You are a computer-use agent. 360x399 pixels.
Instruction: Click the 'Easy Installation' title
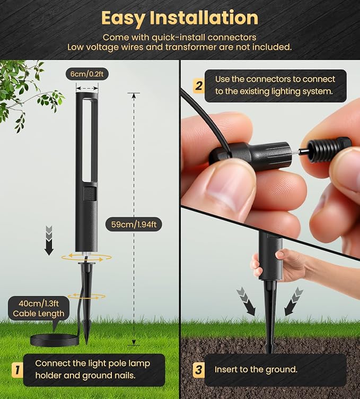180,18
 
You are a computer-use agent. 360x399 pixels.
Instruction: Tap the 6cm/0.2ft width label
87,74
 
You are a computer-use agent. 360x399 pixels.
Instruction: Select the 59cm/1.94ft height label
134,224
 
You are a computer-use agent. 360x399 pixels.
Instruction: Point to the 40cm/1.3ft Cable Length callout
39,308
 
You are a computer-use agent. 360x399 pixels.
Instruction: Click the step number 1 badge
17,370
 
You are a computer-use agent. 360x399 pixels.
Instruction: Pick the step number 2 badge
198,86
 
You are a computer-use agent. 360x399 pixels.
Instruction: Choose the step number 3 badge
198,369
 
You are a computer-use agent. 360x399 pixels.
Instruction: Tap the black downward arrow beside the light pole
49,240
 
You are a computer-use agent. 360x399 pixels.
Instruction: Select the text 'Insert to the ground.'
256,369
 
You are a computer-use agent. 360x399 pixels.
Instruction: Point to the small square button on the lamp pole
90,193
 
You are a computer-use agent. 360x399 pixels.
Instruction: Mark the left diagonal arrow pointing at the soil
246,301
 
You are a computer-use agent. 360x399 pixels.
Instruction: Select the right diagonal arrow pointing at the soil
294,301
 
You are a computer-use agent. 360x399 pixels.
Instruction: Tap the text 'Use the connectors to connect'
275,79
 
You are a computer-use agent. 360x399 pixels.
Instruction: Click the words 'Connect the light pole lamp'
93,363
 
